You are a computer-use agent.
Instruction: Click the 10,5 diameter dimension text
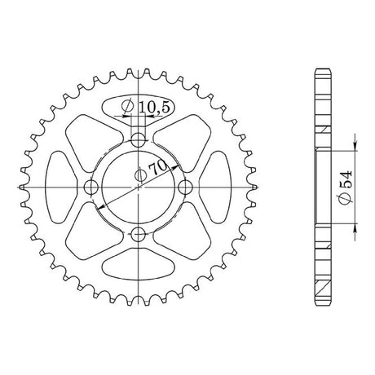pyautogui.click(x=146, y=107)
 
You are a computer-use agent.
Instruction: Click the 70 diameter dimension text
pyautogui.click(x=153, y=170)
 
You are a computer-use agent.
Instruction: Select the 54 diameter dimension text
pyautogui.click(x=346, y=187)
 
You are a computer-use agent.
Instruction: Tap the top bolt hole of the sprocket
pyautogui.click(x=139, y=140)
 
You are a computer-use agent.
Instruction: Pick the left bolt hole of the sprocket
pyautogui.click(x=91, y=187)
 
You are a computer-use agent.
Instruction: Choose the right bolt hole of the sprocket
pyautogui.click(x=186, y=187)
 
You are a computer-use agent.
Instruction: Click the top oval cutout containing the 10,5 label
pyautogui.click(x=139, y=108)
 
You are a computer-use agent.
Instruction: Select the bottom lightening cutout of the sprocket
pyautogui.click(x=139, y=264)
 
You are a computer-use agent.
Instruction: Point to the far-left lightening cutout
pyautogui.click(x=60, y=187)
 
